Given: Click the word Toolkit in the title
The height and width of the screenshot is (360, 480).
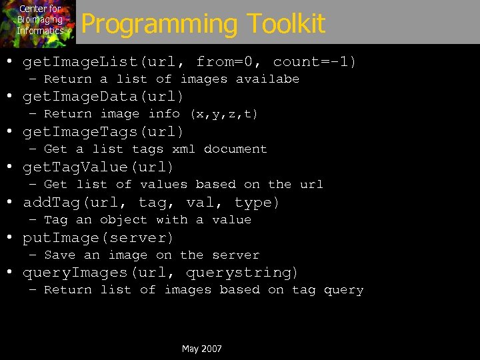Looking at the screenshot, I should [x=287, y=24].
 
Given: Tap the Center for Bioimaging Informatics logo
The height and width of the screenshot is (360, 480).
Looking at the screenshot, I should [x=39, y=21].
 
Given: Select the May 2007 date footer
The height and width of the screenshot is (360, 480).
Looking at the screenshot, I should [x=201, y=349].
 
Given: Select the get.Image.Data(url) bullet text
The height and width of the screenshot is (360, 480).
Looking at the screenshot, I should [x=103, y=97].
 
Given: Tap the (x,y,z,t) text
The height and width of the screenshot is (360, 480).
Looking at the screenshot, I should [x=224, y=114].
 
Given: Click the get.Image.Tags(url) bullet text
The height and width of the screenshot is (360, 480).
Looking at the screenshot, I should [x=103, y=132].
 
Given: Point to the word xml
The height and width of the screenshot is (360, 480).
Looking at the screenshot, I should [x=184, y=149].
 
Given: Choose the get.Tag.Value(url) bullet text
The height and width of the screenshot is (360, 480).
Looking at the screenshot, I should [x=99, y=167].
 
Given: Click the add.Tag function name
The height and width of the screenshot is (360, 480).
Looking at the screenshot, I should [x=53, y=202].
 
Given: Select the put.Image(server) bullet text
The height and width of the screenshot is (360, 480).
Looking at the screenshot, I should [x=99, y=237].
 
